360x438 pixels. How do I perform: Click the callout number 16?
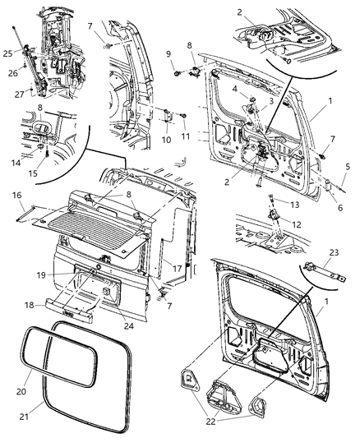(17, 195)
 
